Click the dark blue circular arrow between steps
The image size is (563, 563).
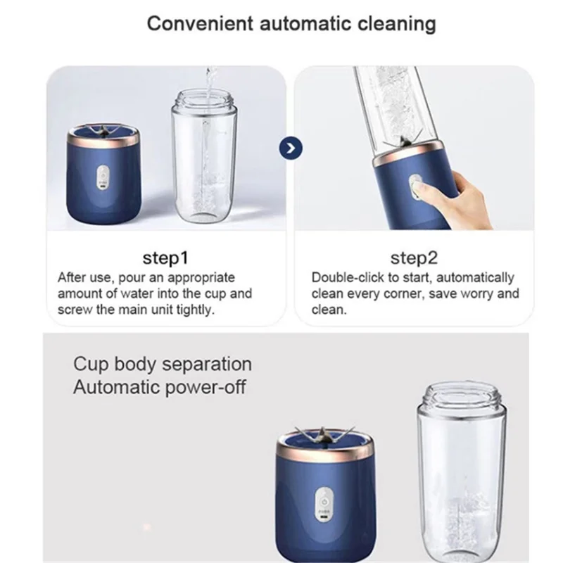point(289,148)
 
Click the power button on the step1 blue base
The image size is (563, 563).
point(103,174)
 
